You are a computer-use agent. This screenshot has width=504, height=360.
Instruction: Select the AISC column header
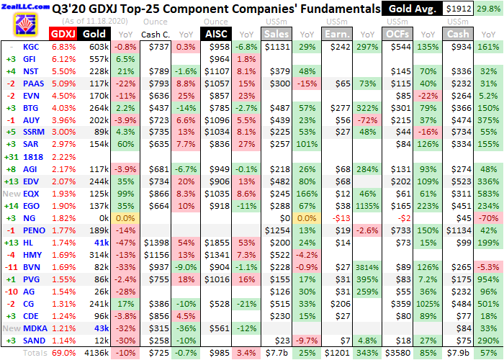pos(215,34)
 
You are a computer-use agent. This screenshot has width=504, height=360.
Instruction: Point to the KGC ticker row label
pos(31,47)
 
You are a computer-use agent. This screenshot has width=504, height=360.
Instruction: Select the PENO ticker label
pos(31,230)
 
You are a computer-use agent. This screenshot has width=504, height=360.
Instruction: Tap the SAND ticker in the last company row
pos(31,341)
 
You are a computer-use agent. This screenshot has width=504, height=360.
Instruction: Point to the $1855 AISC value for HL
pos(217,243)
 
